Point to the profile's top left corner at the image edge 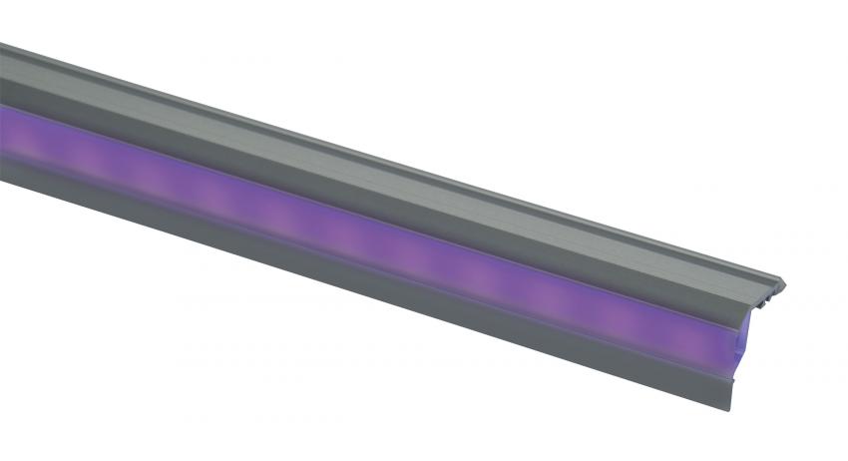coord(2,44)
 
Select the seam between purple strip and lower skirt coord(399,266)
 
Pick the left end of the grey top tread coord(8,70)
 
